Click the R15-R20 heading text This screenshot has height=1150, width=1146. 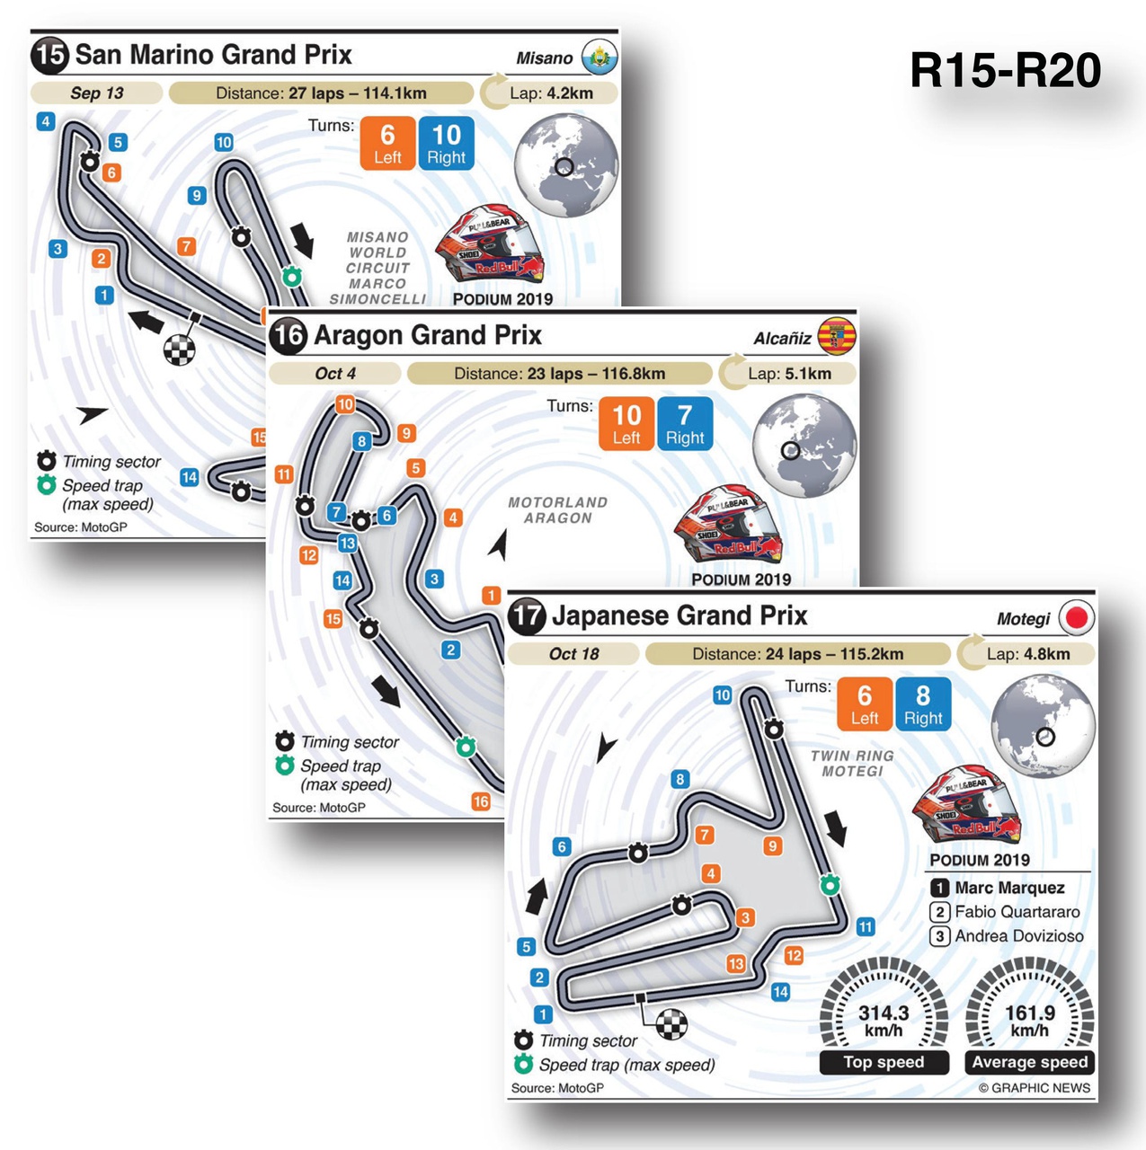(1005, 71)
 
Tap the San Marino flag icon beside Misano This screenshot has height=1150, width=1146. (600, 57)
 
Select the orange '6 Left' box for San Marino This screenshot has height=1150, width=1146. (387, 144)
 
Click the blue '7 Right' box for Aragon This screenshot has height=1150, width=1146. (685, 424)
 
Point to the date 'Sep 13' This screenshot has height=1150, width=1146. (97, 93)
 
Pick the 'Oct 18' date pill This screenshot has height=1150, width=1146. (573, 654)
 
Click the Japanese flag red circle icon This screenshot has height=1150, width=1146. (1077, 618)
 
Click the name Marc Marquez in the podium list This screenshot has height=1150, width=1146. (1008, 888)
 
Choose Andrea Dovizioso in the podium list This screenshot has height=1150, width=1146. (1018, 936)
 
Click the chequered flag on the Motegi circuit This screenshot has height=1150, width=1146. (671, 1023)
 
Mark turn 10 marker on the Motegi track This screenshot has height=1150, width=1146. (723, 695)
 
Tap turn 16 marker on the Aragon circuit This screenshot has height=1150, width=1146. (481, 801)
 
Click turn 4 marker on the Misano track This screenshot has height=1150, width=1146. (46, 121)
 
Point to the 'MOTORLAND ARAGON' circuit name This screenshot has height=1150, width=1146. (557, 510)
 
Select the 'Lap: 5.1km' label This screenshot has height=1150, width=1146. (789, 374)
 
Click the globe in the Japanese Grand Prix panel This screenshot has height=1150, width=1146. (1043, 729)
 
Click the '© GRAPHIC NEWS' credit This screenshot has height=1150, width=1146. (1034, 1088)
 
